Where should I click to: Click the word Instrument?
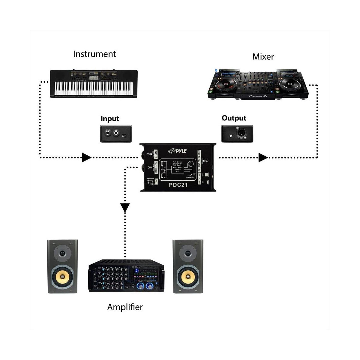[x=94, y=54]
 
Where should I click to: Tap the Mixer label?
[x=263, y=56]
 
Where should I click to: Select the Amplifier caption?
[x=125, y=307]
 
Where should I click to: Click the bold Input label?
[x=110, y=119]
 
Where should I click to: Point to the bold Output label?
[x=234, y=118]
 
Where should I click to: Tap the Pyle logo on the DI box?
[x=177, y=151]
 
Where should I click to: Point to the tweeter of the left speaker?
[x=62, y=253]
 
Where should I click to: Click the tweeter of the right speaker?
[x=188, y=253]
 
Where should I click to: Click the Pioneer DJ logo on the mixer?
[x=257, y=96]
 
